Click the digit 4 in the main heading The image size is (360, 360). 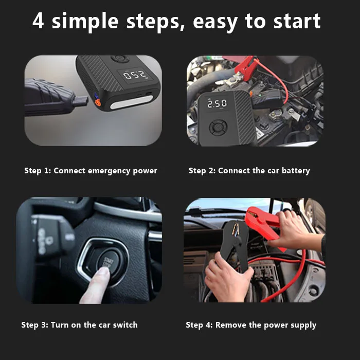tap(38, 21)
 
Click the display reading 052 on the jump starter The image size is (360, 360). tap(135, 75)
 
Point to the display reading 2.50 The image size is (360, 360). tap(217, 103)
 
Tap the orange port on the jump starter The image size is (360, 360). tap(98, 102)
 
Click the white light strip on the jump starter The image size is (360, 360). tap(132, 102)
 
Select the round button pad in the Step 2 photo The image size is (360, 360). tap(219, 127)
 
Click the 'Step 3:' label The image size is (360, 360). tap(35, 325)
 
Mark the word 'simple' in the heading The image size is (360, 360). tap(85, 22)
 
